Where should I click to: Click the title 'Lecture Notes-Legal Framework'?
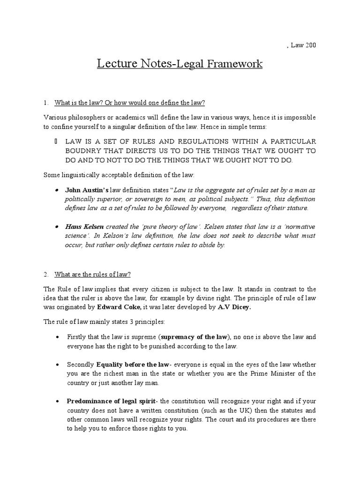[180, 63]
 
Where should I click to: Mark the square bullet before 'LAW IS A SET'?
[56, 142]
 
